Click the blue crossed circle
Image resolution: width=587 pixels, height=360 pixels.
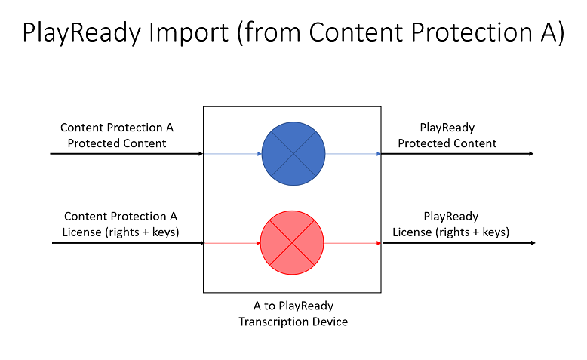(x=293, y=153)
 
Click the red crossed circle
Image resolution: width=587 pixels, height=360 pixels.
(x=292, y=243)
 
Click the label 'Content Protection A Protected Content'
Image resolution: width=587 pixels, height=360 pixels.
(x=121, y=135)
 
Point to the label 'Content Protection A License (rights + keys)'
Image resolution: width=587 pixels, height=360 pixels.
(x=121, y=224)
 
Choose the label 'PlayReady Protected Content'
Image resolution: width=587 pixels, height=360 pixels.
(x=447, y=135)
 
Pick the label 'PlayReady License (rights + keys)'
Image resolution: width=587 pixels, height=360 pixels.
(x=450, y=224)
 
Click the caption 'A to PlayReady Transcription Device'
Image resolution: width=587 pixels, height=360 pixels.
(x=293, y=314)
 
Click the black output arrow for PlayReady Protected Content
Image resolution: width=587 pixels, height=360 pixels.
(x=457, y=154)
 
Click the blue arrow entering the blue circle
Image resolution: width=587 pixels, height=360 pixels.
(x=232, y=154)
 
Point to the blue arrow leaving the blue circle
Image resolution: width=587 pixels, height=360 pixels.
(x=353, y=154)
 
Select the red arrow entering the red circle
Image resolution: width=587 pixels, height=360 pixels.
(x=232, y=243)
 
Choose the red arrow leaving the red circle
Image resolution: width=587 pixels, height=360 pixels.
(x=352, y=243)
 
